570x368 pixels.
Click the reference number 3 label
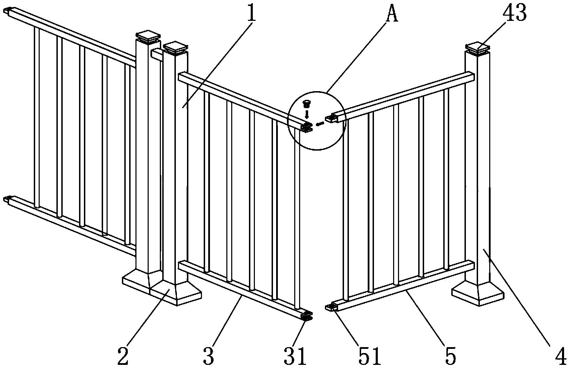click(209, 355)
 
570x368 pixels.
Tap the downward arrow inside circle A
click(307, 114)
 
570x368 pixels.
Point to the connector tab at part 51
click(331, 308)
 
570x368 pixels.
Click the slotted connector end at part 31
click(307, 317)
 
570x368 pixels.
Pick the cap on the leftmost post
click(148, 37)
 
